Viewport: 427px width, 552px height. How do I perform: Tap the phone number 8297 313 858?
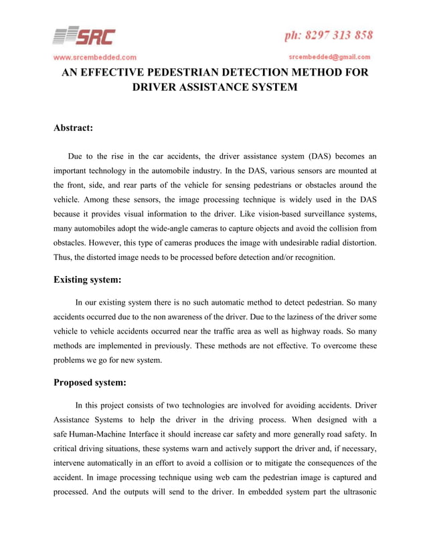(327, 35)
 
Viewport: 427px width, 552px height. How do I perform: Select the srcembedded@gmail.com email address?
(329, 57)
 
